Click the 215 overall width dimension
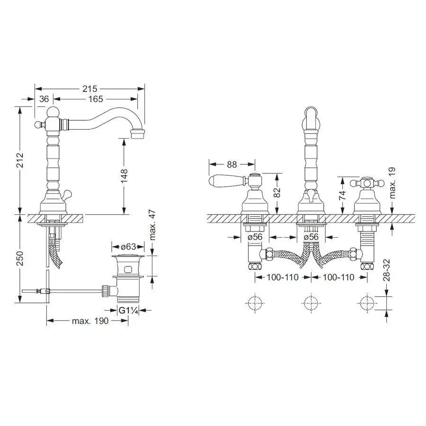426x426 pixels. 89,89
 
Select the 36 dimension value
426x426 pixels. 44,99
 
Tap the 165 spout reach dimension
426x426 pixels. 96,99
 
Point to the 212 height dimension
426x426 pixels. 19,160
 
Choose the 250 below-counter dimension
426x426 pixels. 19,258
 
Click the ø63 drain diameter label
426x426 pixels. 128,247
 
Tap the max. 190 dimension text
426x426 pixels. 90,321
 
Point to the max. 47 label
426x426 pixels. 152,225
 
